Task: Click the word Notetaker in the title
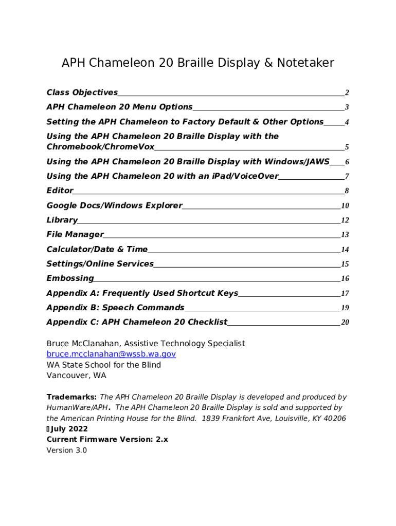coord(305,63)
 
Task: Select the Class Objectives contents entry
coord(82,92)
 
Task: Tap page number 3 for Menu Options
coord(347,107)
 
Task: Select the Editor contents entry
coord(60,191)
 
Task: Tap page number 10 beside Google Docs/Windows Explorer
coord(345,206)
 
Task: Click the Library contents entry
coord(62,220)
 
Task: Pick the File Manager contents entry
coord(75,234)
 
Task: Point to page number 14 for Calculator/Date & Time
coord(345,250)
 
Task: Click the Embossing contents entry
coord(70,278)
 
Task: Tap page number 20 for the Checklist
coord(345,323)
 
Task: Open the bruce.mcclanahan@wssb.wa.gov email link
coord(111,354)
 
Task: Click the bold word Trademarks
coord(71,397)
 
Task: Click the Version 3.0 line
coord(67,450)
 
